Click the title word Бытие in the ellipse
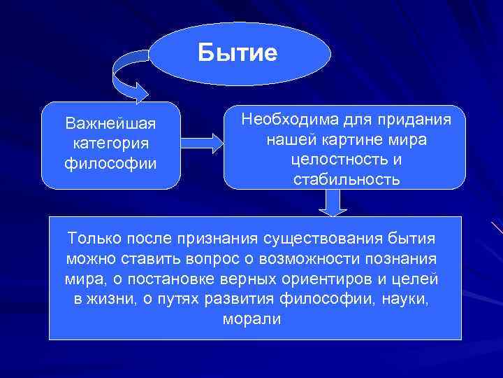(238, 53)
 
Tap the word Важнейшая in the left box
(110, 124)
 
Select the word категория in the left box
(110, 143)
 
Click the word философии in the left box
(110, 163)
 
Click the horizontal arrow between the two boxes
(203, 143)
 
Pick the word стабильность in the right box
(347, 179)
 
